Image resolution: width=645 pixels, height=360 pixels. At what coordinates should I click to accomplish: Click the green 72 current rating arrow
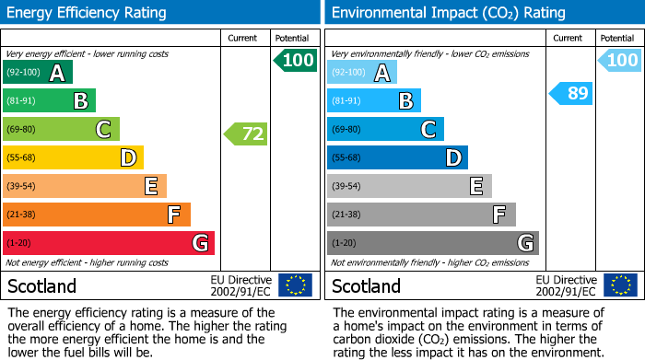pos(246,134)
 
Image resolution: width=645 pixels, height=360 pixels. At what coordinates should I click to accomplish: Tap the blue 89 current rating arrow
pos(571,93)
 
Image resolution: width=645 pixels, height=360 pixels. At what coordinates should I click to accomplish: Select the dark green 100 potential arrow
pos(295,61)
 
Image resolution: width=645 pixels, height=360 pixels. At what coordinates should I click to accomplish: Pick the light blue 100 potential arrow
pos(619,61)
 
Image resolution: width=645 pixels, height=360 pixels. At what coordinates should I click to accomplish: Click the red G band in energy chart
pos(108,243)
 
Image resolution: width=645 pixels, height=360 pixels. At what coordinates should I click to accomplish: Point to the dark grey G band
pos(432,243)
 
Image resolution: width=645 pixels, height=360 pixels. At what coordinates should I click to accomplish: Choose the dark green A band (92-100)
pos(38,72)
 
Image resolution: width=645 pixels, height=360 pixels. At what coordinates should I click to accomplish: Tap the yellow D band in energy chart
pos(73,157)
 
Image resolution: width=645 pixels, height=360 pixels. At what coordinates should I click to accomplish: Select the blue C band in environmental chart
pos(385,129)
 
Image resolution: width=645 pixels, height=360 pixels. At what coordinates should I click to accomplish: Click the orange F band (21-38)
pos(97,215)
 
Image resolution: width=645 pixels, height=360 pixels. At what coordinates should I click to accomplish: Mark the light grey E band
pos(409,186)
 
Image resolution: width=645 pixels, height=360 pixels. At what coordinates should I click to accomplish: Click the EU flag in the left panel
pos(295,285)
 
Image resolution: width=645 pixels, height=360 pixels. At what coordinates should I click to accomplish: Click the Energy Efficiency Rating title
pos(88,13)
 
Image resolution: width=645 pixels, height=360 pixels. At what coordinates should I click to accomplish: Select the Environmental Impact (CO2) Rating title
pos(449,13)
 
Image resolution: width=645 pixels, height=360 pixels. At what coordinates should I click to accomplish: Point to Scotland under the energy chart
pos(42,285)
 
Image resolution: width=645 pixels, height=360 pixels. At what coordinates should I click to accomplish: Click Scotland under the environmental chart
pos(367,285)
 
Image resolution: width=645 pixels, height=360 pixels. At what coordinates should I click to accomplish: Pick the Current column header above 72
pos(242,38)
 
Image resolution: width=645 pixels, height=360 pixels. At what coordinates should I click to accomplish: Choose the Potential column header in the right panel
pos(617,38)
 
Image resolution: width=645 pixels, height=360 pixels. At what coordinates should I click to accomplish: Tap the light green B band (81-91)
pos(49,100)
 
